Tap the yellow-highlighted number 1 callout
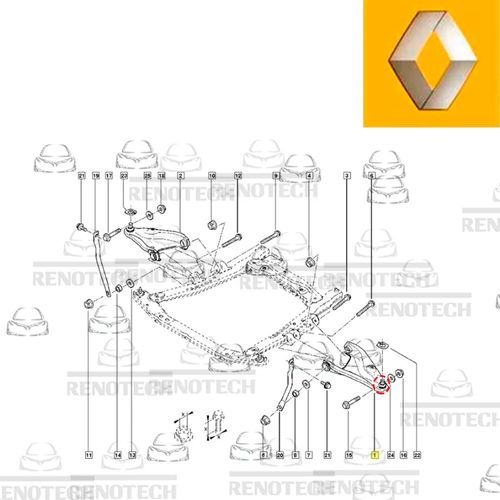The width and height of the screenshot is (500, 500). [374, 456]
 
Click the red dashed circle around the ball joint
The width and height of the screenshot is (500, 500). [380, 383]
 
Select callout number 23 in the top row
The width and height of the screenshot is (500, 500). [124, 176]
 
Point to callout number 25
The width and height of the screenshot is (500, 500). [148, 176]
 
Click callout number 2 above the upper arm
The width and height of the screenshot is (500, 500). [180, 176]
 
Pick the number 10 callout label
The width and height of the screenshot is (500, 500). [212, 176]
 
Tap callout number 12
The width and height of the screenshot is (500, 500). [238, 176]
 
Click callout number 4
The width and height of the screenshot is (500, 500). [310, 176]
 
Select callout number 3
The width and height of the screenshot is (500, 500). [346, 176]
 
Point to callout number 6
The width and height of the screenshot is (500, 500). [371, 176]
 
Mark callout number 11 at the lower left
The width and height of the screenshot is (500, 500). [88, 456]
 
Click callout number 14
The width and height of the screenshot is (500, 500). [117, 456]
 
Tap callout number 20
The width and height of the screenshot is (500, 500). [281, 456]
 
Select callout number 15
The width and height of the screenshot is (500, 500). [349, 456]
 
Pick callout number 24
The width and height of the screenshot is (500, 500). [389, 456]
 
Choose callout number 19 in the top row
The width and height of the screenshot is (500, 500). [96, 176]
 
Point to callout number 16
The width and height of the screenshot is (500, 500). [403, 456]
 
